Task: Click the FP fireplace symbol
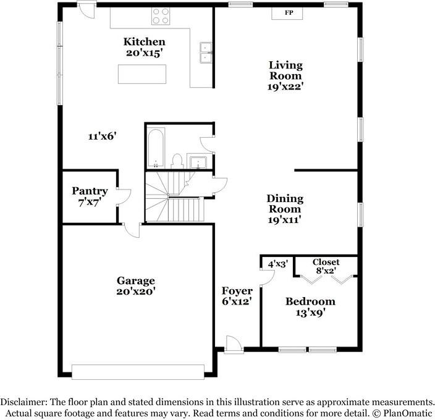[288, 13]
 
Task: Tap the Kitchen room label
[144, 41]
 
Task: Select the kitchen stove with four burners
[161, 15]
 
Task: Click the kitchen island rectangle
[143, 73]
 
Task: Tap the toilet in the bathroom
[177, 161]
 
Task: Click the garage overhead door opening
[138, 371]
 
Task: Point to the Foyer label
[237, 290]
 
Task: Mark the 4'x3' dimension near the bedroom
[277, 264]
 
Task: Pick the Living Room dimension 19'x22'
[285, 86]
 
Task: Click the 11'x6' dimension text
[102, 136]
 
